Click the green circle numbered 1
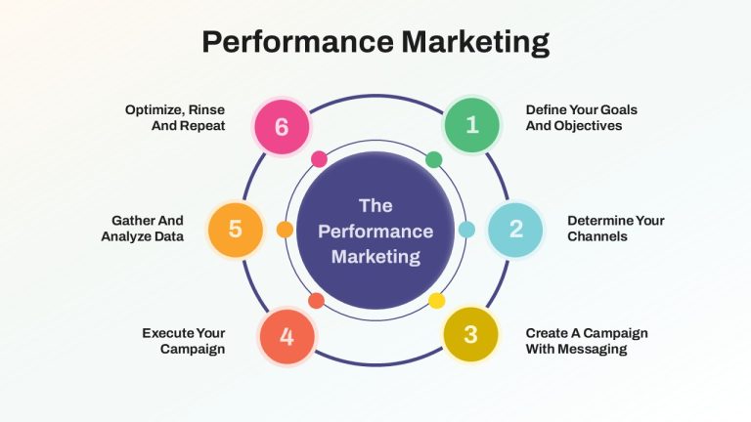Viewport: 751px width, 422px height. [x=472, y=125]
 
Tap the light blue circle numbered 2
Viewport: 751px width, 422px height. [x=515, y=230]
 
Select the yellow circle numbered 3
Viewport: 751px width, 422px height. [x=470, y=334]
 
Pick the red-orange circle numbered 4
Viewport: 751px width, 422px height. [x=287, y=336]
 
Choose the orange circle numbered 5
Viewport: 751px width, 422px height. [x=235, y=230]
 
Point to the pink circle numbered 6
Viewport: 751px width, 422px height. [x=282, y=127]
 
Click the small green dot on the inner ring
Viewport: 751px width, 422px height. [x=434, y=159]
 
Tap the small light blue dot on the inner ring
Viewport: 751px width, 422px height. [x=466, y=230]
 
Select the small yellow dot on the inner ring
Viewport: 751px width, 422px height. [x=436, y=301]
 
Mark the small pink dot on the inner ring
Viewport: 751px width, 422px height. [x=319, y=159]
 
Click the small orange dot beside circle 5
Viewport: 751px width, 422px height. [x=285, y=230]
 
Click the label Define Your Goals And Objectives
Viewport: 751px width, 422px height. [x=582, y=117]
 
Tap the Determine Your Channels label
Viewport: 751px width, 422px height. [x=616, y=229]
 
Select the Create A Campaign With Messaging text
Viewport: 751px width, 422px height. [x=587, y=341]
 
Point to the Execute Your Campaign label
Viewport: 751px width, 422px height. [x=184, y=341]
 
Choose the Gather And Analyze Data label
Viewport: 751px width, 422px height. [x=142, y=229]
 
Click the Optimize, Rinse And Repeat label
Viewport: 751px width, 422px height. [x=175, y=117]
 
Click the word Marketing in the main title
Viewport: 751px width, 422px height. [x=475, y=42]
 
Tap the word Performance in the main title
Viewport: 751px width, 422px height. [x=298, y=41]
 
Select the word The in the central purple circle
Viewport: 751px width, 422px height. [x=375, y=206]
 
